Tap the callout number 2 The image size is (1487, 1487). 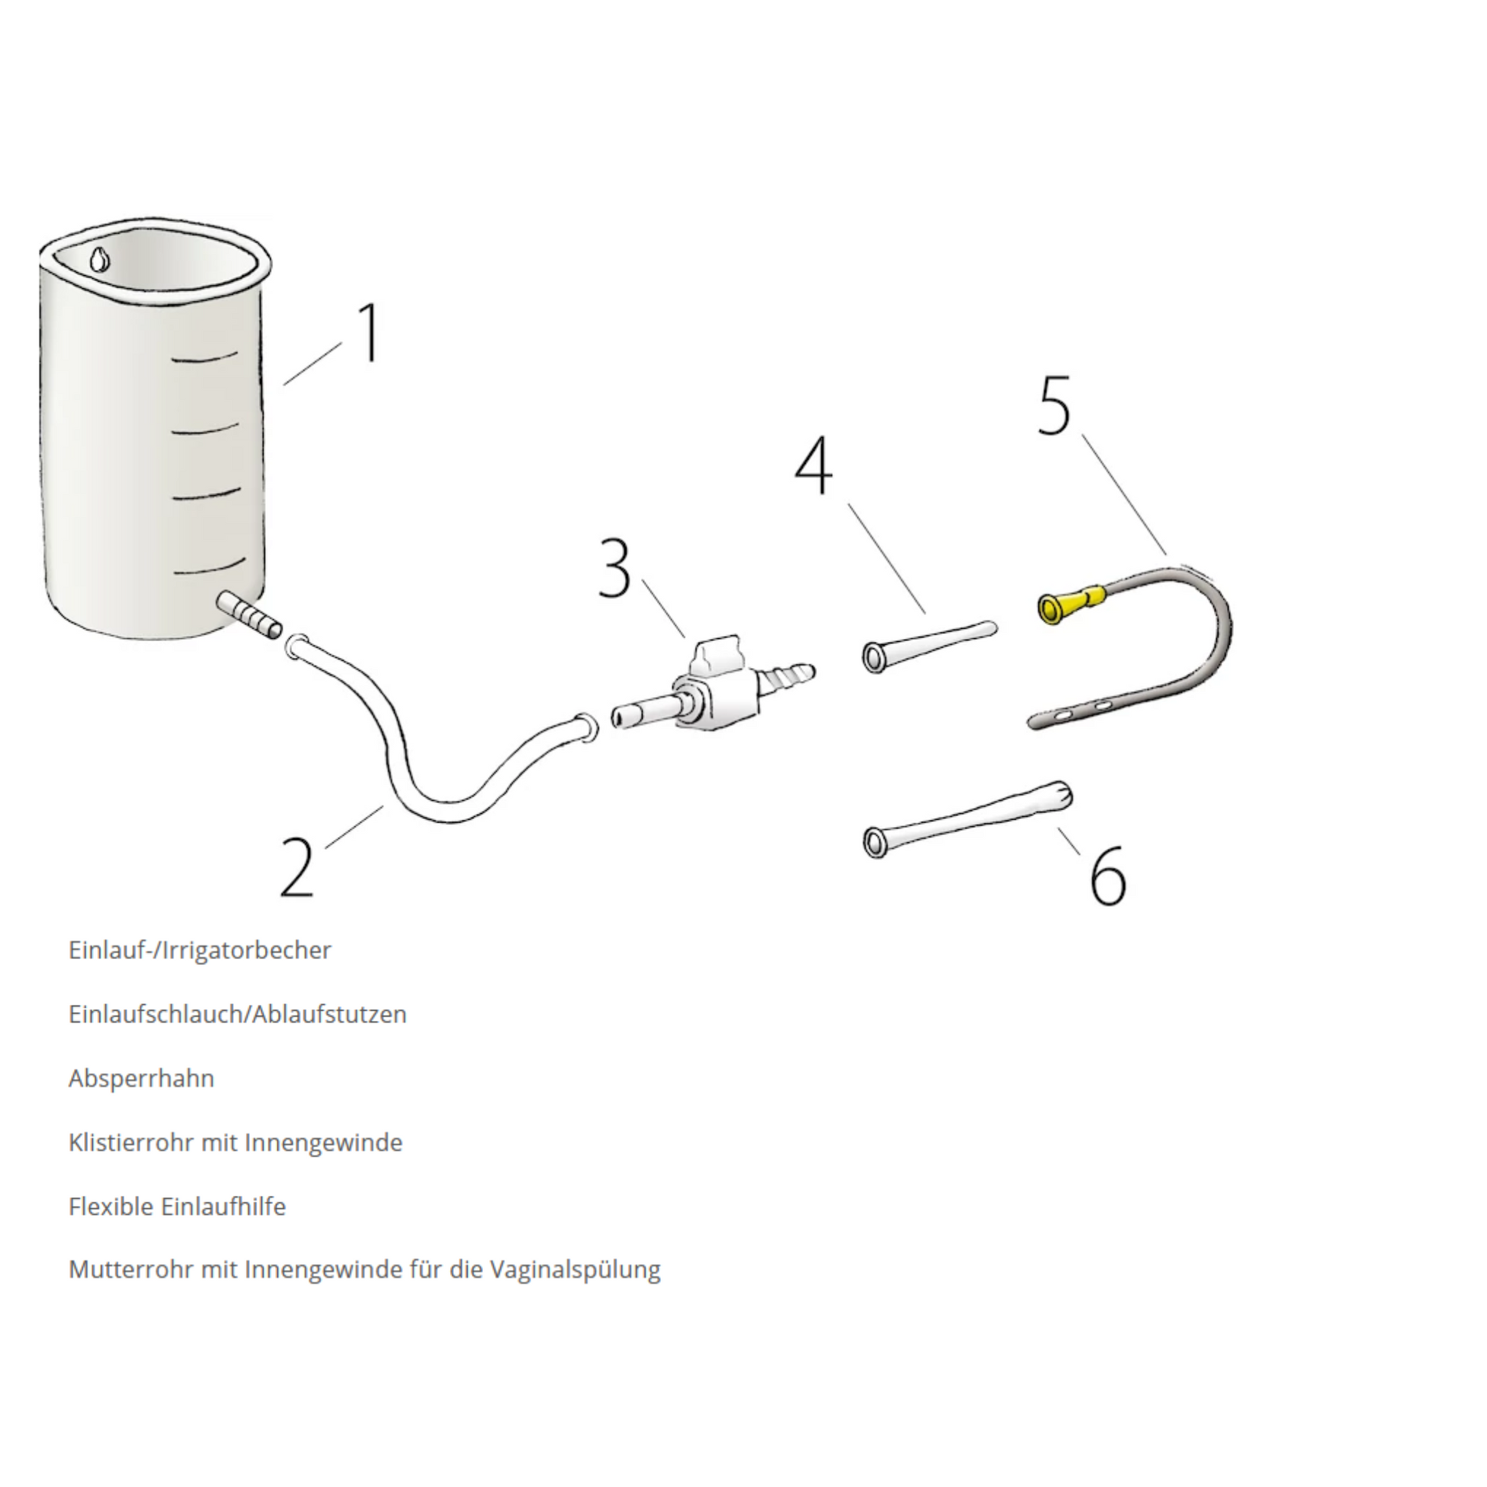[x=298, y=867]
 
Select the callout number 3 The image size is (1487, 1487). [x=614, y=569]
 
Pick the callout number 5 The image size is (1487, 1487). [x=1055, y=406]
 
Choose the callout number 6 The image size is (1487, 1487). [x=1108, y=873]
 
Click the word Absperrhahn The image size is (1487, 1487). [x=141, y=1078]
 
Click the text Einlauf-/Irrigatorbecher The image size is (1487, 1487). [x=200, y=951]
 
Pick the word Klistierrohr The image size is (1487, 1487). [x=131, y=1142]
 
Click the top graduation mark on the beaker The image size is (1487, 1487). [x=206, y=357]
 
